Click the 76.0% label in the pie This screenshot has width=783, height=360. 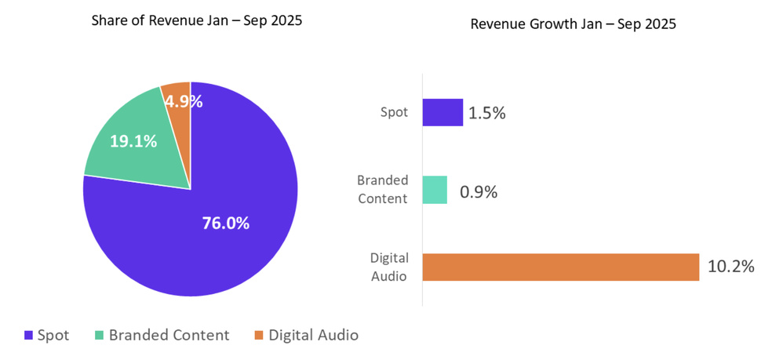(x=225, y=224)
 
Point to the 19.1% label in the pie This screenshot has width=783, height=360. (x=133, y=141)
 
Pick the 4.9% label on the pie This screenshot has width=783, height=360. (x=183, y=101)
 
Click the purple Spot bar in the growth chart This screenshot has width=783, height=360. (x=442, y=112)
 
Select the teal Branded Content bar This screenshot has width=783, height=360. (x=435, y=190)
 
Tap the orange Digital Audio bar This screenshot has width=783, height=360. (x=560, y=267)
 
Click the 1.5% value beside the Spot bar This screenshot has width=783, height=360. (x=486, y=113)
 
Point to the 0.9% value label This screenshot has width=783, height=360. (x=478, y=191)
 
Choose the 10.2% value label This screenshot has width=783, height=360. (x=730, y=267)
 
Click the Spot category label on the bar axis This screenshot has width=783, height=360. (x=394, y=112)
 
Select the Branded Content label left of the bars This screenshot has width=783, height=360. (x=382, y=190)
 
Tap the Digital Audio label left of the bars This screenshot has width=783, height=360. (x=388, y=267)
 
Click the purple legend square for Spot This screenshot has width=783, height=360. (x=30, y=336)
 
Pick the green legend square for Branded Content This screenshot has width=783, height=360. (x=100, y=336)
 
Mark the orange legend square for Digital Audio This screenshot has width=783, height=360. (x=259, y=336)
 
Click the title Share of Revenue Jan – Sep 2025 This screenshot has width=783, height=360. (x=196, y=21)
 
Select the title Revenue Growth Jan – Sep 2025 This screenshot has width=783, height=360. (x=573, y=24)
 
